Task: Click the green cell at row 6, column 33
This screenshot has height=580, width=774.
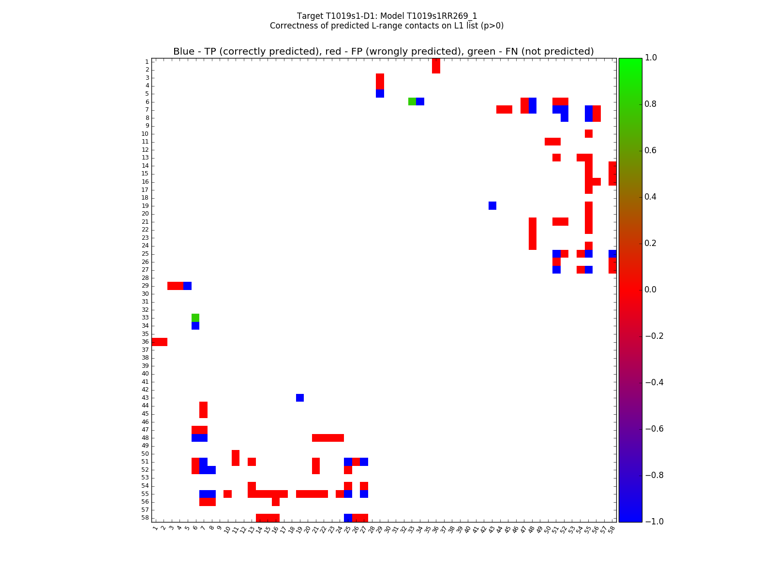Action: tap(412, 101)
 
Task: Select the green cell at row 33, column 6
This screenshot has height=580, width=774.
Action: tap(195, 318)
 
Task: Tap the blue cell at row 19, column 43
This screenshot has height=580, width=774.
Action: tap(492, 205)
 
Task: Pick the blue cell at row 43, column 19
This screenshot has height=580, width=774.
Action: tap(300, 398)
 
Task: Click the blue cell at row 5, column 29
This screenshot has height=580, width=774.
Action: tap(380, 93)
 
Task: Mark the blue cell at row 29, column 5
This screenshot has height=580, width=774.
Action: tap(187, 286)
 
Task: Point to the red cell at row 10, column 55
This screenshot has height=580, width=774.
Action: tap(589, 133)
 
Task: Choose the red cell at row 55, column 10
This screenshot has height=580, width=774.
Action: tap(227, 494)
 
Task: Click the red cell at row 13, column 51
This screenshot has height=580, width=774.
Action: tap(556, 158)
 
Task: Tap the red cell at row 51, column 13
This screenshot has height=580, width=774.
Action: tap(252, 462)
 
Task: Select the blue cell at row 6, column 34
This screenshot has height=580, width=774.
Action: tap(420, 101)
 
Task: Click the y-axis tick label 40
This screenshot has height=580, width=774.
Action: tap(145, 374)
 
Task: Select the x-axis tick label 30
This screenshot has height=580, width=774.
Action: tap(387, 530)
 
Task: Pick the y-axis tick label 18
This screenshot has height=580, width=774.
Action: tap(145, 198)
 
